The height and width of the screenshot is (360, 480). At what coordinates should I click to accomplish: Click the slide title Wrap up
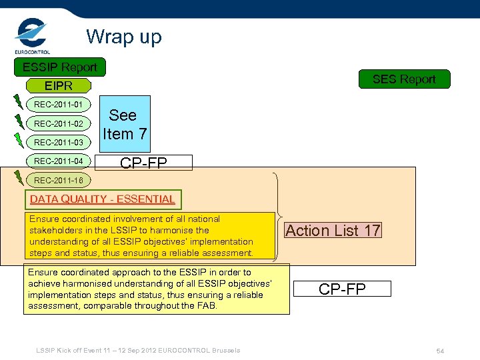[x=123, y=37]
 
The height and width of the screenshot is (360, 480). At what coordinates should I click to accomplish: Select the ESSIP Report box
[x=59, y=67]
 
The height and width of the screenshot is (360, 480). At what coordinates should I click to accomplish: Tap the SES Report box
[x=403, y=79]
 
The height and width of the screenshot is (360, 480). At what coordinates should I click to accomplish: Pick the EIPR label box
[x=58, y=86]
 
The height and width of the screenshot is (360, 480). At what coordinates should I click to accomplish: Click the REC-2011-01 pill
[x=59, y=105]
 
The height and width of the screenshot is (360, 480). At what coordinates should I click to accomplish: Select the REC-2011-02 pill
[x=59, y=123]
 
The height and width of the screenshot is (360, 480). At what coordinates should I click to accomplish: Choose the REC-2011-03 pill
[x=59, y=142]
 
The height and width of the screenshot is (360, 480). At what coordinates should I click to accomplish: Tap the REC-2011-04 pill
[x=59, y=161]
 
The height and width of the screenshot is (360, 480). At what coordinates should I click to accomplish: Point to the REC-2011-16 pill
[x=59, y=180]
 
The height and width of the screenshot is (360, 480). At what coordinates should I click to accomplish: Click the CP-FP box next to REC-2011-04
[x=143, y=163]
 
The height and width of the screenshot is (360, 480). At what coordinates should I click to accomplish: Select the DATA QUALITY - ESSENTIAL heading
[x=102, y=199]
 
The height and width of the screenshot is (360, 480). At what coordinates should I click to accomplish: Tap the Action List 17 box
[x=333, y=231]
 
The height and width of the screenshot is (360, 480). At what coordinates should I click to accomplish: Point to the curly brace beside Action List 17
[x=279, y=216]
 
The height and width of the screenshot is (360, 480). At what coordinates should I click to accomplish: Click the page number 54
[x=440, y=351]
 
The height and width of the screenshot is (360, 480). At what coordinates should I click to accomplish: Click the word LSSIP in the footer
[x=45, y=351]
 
